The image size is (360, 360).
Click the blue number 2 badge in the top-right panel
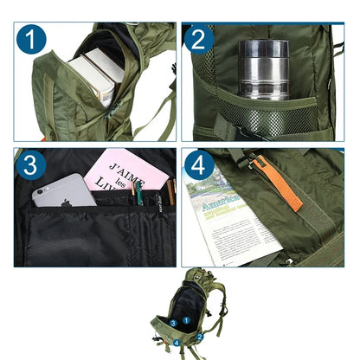pyautogui.click(x=198, y=40)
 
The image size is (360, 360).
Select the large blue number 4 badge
pyautogui.click(x=197, y=164)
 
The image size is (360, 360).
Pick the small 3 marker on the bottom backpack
pyautogui.click(x=172, y=323)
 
